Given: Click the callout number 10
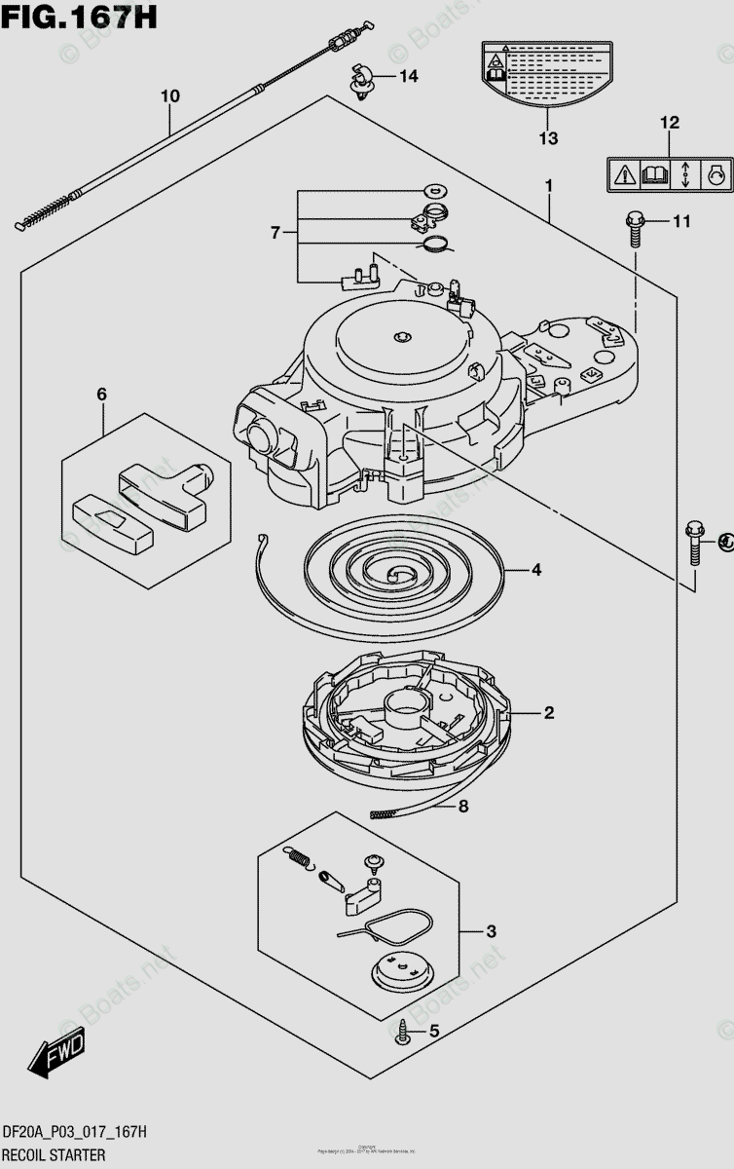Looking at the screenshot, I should pyautogui.click(x=170, y=96).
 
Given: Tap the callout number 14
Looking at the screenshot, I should pyautogui.click(x=407, y=76).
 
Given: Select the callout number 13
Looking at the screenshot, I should pyautogui.click(x=548, y=138).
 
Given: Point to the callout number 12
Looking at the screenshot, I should pyautogui.click(x=670, y=124).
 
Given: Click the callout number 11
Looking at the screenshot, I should pyautogui.click(x=680, y=222).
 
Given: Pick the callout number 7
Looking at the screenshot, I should pyautogui.click(x=275, y=233).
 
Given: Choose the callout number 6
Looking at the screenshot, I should pyautogui.click(x=101, y=395).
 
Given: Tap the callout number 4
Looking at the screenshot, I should pyautogui.click(x=535, y=571).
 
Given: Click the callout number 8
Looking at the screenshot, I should pyautogui.click(x=463, y=806).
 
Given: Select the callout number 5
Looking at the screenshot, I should pyautogui.click(x=434, y=1031).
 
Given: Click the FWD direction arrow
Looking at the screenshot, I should pyautogui.click(x=58, y=1055).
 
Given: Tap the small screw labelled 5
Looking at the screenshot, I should pyautogui.click(x=402, y=1031).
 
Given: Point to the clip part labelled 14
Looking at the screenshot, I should pyautogui.click(x=364, y=82).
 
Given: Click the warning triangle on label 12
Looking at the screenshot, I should pyautogui.click(x=624, y=175).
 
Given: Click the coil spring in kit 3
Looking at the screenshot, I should pyautogui.click(x=302, y=858).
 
